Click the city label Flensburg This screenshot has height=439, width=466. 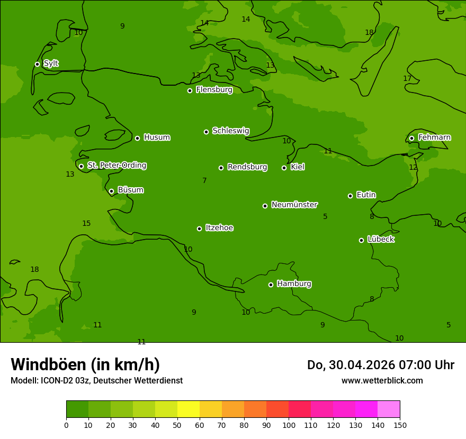click(x=214, y=90)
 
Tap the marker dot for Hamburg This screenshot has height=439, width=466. click(x=271, y=285)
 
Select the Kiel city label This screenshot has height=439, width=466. click(x=297, y=167)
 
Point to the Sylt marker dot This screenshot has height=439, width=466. click(x=37, y=64)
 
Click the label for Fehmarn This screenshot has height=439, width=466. click(x=434, y=138)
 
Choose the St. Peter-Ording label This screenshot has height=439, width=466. click(x=116, y=166)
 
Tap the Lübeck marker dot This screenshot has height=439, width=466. click(x=361, y=240)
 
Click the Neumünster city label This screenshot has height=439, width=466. click(x=294, y=205)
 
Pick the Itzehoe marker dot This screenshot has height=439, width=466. click(x=199, y=228)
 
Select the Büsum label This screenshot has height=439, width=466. click(x=130, y=190)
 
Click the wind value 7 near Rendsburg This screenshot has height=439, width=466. click(x=204, y=181)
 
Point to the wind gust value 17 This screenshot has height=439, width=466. click(x=407, y=79)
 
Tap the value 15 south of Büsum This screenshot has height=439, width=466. click(x=86, y=224)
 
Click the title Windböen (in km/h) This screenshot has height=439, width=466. click(x=85, y=364)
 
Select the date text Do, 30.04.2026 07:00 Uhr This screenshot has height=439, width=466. click(x=380, y=365)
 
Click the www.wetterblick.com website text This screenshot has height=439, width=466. click(x=382, y=381)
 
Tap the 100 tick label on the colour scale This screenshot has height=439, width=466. click(x=289, y=425)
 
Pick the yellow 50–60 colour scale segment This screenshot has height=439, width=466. click(x=189, y=409)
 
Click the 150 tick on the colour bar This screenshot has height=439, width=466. click(x=400, y=425)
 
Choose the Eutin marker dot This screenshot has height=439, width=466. click(x=350, y=196)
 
